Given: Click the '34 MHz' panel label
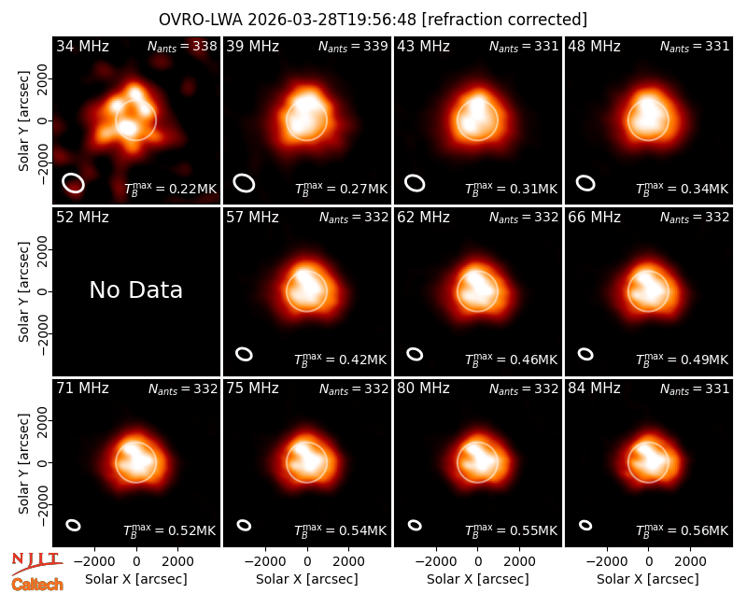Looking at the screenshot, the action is click(82, 46).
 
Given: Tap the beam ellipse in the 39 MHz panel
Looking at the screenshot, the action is click(244, 183).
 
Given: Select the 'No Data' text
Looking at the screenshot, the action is click(135, 289).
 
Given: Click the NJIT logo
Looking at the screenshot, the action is click(37, 562).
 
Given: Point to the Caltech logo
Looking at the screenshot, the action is click(37, 584).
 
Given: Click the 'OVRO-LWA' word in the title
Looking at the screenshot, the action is click(200, 20).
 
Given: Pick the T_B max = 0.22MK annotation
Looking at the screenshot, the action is click(170, 188).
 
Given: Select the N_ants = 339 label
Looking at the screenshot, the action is click(353, 46).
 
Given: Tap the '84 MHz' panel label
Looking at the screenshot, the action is click(594, 388).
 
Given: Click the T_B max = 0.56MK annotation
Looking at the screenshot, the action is click(683, 529).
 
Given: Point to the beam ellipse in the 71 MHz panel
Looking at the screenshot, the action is click(74, 525).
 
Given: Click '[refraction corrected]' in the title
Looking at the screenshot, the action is click(504, 20).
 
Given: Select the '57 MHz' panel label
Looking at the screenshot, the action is click(252, 218).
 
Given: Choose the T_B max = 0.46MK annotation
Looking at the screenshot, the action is click(511, 359).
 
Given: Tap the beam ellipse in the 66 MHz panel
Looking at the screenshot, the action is click(585, 354).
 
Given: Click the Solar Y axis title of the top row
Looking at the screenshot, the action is click(24, 120).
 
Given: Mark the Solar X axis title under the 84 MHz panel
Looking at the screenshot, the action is click(648, 579).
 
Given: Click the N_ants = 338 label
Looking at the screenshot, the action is click(182, 46).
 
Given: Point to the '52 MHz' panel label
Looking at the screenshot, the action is click(82, 218).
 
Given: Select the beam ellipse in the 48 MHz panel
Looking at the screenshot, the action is click(585, 183).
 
